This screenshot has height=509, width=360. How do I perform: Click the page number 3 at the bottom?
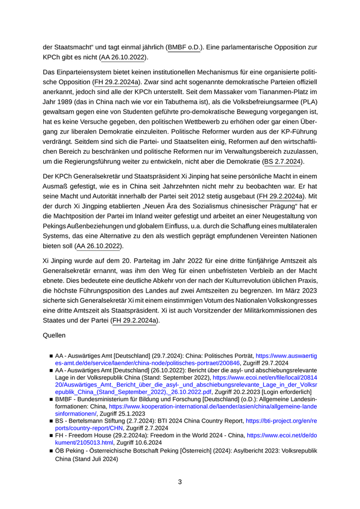pos(180,482)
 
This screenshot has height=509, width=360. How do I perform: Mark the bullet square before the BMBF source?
pos(51,399)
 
